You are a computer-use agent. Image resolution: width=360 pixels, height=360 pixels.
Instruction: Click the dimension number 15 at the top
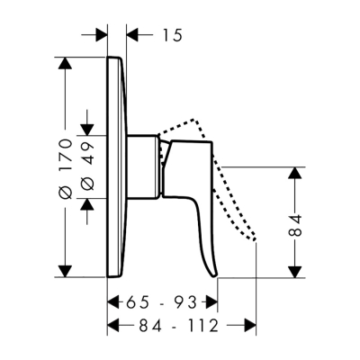click(173, 35)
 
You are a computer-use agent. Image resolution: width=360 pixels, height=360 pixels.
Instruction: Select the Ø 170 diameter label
click(66, 168)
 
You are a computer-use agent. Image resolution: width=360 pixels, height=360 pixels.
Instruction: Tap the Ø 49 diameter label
click(87, 167)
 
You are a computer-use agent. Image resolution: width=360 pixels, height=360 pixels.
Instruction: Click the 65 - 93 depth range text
click(161, 302)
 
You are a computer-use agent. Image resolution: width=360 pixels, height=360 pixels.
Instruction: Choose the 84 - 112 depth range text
click(179, 326)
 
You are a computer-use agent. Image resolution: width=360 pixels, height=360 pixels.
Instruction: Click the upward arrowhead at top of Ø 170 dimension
click(65, 63)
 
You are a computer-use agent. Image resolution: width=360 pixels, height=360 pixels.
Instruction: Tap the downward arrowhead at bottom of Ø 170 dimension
click(65, 271)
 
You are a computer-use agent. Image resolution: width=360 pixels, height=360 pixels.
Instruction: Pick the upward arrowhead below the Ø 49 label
click(87, 204)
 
